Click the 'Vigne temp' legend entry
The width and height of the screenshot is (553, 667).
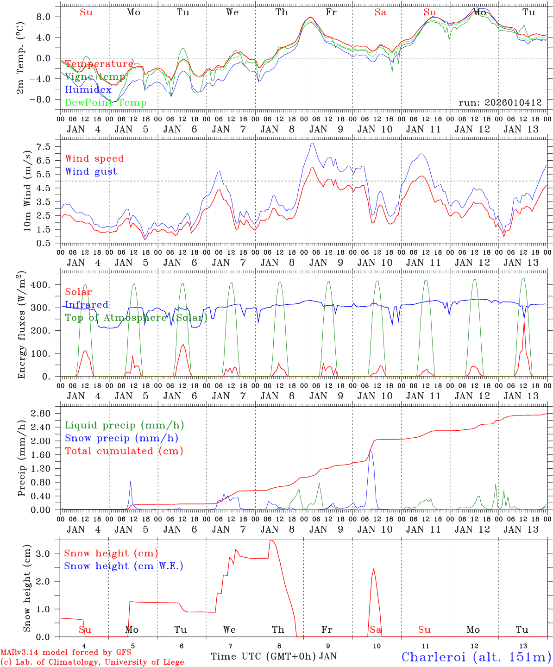tap(95, 77)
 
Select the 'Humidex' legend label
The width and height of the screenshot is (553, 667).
tap(88, 90)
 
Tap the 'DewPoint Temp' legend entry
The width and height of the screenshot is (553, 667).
tap(106, 103)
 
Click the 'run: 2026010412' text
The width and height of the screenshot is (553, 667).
tap(500, 103)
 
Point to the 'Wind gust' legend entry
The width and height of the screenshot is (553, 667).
tap(91, 171)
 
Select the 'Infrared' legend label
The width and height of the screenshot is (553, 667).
tap(87, 305)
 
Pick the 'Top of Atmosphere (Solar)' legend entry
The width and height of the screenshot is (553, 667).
tap(136, 318)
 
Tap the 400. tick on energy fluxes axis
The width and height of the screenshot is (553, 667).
tap(40, 284)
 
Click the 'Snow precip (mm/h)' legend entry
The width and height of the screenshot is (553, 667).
tap(121, 438)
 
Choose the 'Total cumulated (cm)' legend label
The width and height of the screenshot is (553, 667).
tap(124, 451)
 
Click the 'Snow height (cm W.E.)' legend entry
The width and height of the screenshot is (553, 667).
tap(124, 566)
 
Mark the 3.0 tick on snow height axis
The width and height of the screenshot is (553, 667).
tap(44, 554)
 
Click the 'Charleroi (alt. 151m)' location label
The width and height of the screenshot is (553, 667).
tap(476, 657)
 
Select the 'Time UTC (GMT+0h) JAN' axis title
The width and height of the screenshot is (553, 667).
tap(274, 656)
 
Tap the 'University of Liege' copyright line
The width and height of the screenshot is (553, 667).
tap(92, 662)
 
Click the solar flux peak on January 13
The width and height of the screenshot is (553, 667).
tap(524, 321)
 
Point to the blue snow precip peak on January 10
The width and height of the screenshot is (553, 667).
tap(371, 450)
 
